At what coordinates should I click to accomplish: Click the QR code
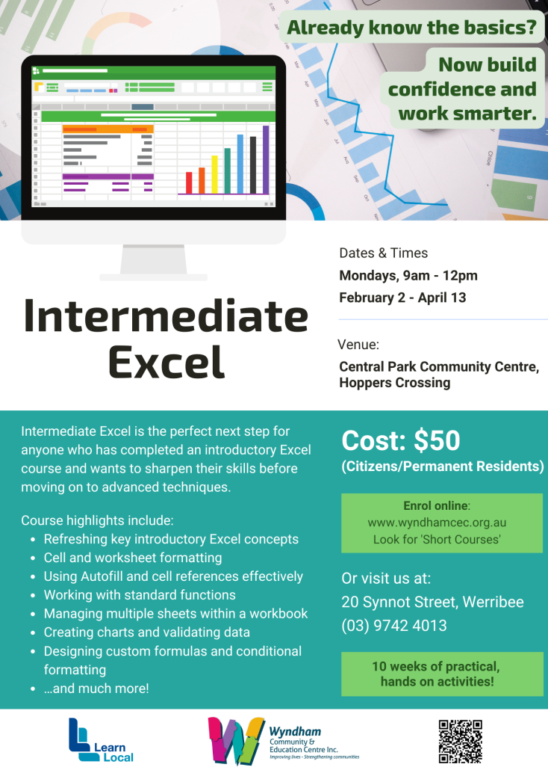pyautogui.click(x=460, y=741)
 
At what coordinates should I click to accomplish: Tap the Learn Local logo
pyautogui.click(x=101, y=741)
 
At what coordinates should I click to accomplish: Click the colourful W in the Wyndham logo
pyautogui.click(x=236, y=740)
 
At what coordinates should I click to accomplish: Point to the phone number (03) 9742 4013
pyautogui.click(x=394, y=626)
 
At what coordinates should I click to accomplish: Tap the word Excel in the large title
pyautogui.click(x=166, y=361)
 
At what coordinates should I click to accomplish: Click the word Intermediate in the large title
pyautogui.click(x=166, y=316)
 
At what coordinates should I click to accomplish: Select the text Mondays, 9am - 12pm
pyautogui.click(x=408, y=275)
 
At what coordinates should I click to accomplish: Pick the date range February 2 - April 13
pyautogui.click(x=402, y=298)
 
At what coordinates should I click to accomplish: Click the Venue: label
pyautogui.click(x=358, y=345)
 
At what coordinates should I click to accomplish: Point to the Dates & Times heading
pyautogui.click(x=383, y=253)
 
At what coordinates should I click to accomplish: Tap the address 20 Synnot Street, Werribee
pyautogui.click(x=432, y=602)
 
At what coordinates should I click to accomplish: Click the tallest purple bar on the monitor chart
pyautogui.click(x=266, y=159)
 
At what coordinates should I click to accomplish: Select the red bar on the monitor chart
pyautogui.click(x=189, y=182)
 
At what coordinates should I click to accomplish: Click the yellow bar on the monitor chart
pyautogui.click(x=215, y=173)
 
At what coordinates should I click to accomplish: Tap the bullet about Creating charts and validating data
pyautogui.click(x=146, y=632)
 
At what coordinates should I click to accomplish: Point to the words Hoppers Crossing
pyautogui.click(x=395, y=383)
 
